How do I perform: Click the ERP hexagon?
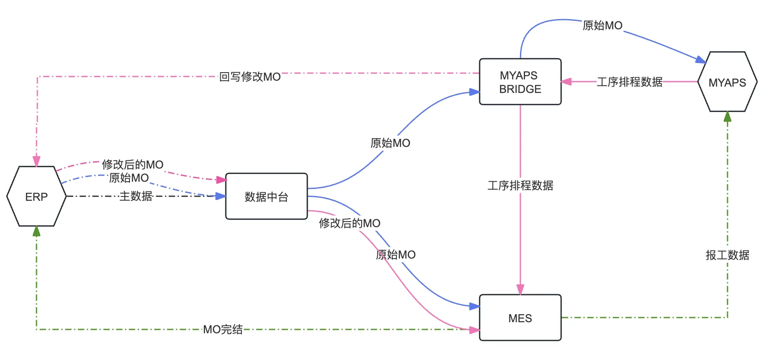tap(37, 197)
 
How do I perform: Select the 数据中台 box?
tap(266, 197)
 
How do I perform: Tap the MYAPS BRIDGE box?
tap(520, 82)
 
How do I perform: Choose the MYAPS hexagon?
tap(727, 82)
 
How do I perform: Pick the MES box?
tap(520, 318)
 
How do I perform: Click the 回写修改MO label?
tap(250, 77)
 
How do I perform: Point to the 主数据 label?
tap(136, 196)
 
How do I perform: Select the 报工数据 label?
tap(727, 255)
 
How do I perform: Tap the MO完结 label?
tap(223, 329)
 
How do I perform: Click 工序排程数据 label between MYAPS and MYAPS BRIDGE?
tap(629, 82)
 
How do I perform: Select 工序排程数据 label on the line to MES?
tap(520, 186)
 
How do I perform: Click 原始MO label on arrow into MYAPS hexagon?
tap(602, 26)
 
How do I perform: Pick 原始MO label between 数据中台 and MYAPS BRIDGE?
tap(390, 143)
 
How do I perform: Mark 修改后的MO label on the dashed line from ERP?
tap(132, 165)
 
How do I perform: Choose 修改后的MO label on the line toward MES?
tap(349, 223)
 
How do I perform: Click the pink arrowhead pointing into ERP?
tap(37, 161)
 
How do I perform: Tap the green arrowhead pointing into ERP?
tap(37, 231)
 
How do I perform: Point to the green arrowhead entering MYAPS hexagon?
tap(728, 117)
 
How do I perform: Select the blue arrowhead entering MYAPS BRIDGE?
tap(474, 92)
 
